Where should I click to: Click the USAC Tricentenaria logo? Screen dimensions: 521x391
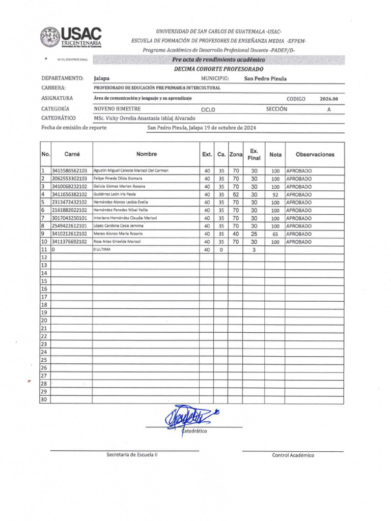(x=71, y=38)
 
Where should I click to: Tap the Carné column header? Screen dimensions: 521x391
(x=72, y=154)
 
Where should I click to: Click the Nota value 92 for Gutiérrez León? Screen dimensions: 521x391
(x=275, y=194)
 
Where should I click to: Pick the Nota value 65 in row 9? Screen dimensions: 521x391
(x=275, y=234)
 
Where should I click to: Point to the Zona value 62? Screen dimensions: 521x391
(x=236, y=194)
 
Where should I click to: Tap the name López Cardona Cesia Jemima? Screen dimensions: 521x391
(x=118, y=226)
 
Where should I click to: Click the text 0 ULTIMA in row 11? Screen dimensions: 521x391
(x=102, y=250)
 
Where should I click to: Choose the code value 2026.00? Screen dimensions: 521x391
(x=329, y=99)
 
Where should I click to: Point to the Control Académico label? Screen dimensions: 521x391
(x=293, y=455)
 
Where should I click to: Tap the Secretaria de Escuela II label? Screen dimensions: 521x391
(x=132, y=454)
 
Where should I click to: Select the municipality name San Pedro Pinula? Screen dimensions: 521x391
(x=265, y=79)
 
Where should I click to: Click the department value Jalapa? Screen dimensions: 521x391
(x=102, y=79)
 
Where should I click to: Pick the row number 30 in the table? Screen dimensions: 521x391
(x=44, y=400)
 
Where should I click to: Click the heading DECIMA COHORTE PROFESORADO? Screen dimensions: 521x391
(x=219, y=69)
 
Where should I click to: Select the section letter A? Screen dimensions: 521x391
(x=329, y=109)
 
